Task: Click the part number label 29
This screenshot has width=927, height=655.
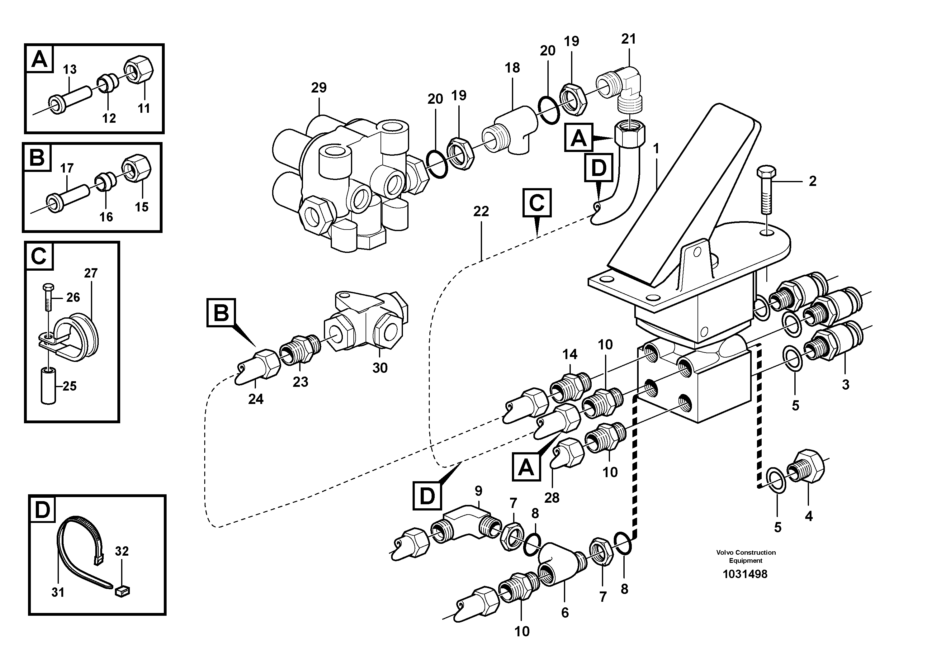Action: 319,88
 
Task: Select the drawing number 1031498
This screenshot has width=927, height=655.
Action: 745,574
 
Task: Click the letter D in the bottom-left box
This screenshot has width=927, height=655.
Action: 42,510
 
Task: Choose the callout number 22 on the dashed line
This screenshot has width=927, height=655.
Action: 480,211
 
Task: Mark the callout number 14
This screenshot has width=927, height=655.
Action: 570,354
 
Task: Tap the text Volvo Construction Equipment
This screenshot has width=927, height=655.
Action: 746,556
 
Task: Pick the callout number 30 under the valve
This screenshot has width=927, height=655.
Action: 380,368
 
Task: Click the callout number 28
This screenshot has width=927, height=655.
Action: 551,497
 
